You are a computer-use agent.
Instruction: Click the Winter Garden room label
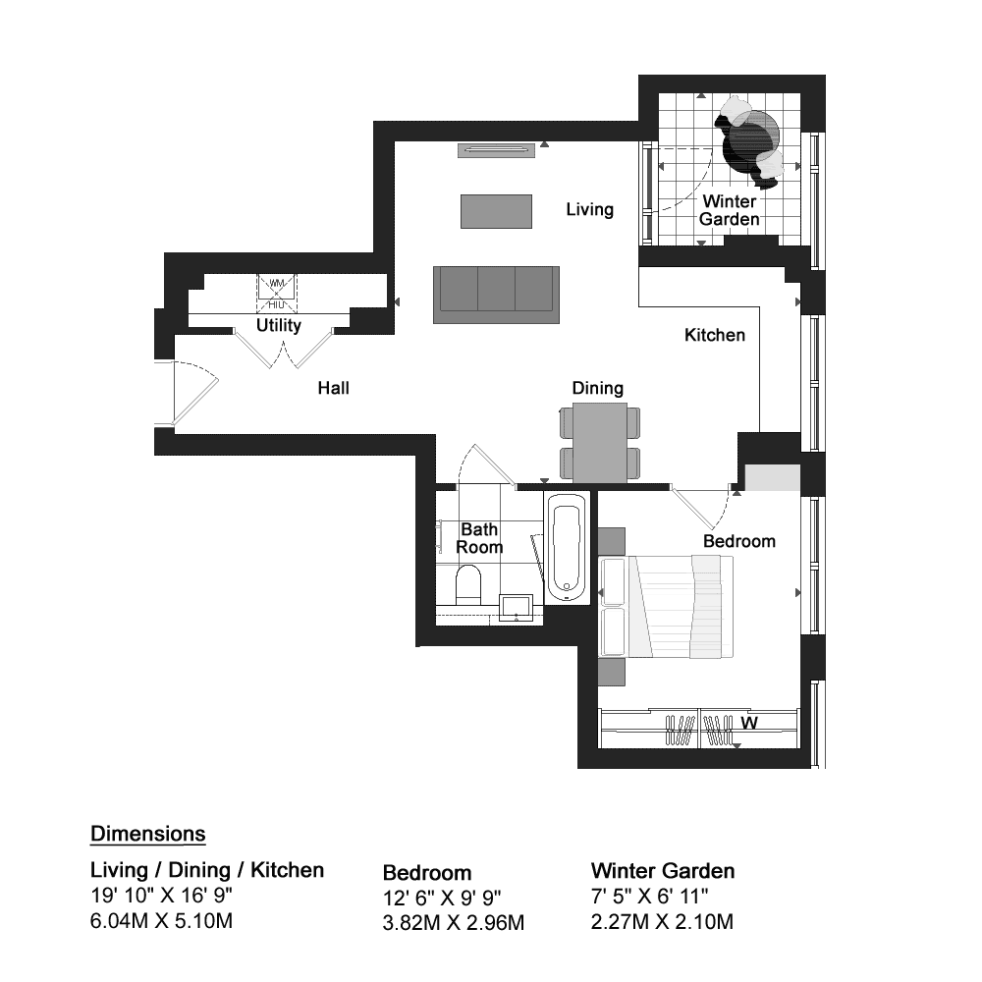pyautogui.click(x=730, y=210)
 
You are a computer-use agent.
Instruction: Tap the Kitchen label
pyautogui.click(x=715, y=335)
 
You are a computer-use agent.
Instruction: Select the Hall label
pyautogui.click(x=333, y=388)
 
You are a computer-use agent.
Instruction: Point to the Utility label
pyautogui.click(x=279, y=326)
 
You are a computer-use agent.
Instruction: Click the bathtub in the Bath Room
pyautogui.click(x=568, y=549)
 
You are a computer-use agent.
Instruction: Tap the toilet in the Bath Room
pyautogui.click(x=467, y=585)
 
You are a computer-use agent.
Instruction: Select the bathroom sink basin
pyautogui.click(x=517, y=608)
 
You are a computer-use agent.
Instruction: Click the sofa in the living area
pyautogui.click(x=496, y=295)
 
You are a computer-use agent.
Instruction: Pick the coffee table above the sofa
pyautogui.click(x=496, y=212)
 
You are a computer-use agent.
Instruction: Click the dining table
pyautogui.click(x=600, y=442)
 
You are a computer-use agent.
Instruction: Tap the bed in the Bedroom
pyautogui.click(x=667, y=607)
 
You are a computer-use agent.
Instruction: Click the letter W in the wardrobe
pyautogui.click(x=749, y=724)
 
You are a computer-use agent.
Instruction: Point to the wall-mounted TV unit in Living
pyautogui.click(x=497, y=150)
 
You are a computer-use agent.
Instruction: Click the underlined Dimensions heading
pyautogui.click(x=148, y=834)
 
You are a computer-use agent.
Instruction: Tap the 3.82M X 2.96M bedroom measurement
pyautogui.click(x=454, y=922)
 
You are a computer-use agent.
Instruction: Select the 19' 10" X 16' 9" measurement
pyautogui.click(x=162, y=896)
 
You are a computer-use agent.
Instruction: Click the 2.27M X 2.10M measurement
pyautogui.click(x=662, y=922)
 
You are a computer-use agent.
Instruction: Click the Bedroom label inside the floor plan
pyautogui.click(x=739, y=541)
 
